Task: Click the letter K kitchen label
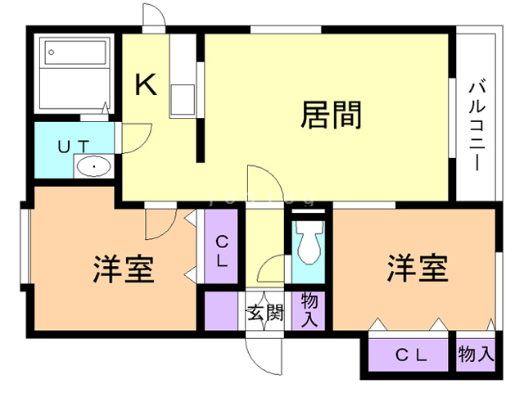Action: click(146, 85)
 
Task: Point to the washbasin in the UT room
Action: click(94, 167)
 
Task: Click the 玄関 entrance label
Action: click(265, 313)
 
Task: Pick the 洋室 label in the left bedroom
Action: click(123, 269)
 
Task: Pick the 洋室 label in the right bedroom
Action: click(418, 268)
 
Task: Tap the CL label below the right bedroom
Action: click(413, 355)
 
